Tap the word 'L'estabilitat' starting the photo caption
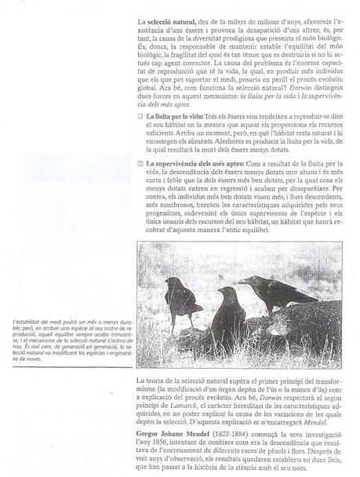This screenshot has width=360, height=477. [x=28, y=321]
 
